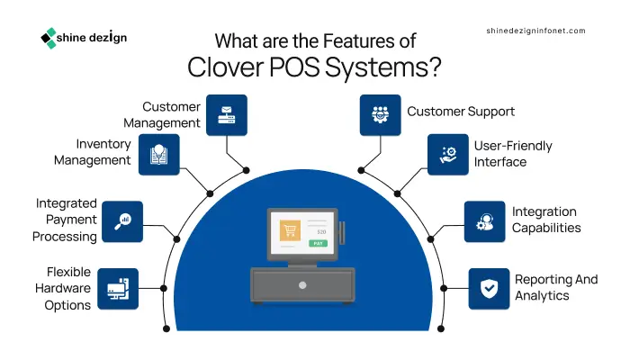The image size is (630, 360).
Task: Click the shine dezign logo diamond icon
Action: (49, 38)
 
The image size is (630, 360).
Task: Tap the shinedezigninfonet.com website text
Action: (535, 31)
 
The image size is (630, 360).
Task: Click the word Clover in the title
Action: (225, 67)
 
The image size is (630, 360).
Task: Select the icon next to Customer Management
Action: (227, 115)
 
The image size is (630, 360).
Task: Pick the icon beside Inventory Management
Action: (159, 155)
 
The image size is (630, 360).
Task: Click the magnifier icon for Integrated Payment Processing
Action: (122, 221)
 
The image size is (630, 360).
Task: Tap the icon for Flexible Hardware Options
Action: (118, 289)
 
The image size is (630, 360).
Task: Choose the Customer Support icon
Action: (380, 115)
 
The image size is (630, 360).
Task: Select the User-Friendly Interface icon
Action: (448, 155)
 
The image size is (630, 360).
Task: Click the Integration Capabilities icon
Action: (484, 221)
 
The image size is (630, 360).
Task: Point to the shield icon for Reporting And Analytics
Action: (489, 289)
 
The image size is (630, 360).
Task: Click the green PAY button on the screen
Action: (319, 244)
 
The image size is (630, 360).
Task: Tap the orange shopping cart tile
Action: (290, 230)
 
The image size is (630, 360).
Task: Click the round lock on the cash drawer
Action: (302, 285)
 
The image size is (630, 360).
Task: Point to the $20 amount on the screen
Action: (321, 232)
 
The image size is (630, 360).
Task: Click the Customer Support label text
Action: (461, 112)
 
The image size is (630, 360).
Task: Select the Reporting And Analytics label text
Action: (556, 287)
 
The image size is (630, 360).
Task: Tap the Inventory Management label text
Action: (93, 152)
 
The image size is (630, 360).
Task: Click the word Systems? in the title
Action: (383, 67)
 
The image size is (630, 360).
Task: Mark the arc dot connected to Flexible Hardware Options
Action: (164, 289)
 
